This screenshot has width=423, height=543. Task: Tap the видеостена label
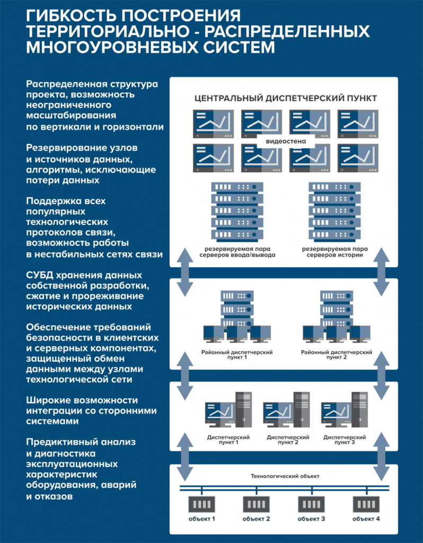tap(286, 141)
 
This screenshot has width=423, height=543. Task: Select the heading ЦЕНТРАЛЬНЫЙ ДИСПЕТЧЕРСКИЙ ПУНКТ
tap(286, 98)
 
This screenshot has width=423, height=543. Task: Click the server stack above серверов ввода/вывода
tap(237, 212)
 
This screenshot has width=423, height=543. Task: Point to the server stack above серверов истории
tap(334, 212)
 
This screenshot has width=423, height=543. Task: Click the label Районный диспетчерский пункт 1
tap(237, 355)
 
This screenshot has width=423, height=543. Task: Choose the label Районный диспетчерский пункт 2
tap(337, 355)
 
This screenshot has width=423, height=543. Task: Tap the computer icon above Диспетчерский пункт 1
tap(228, 410)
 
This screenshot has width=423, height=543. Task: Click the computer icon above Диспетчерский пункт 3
tap(345, 410)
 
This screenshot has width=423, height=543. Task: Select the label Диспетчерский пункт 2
tap(288, 440)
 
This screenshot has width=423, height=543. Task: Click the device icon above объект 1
tap(202, 505)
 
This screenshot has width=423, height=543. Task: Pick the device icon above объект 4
tap(366, 505)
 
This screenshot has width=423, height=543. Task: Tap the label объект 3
tap(311, 519)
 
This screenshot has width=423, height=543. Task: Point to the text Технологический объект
tap(285, 477)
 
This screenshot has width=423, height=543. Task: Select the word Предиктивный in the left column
tap(61, 442)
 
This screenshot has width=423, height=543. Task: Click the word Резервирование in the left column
tap(64, 148)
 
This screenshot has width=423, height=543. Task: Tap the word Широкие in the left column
tap(47, 400)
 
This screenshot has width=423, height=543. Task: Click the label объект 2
tap(256, 519)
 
